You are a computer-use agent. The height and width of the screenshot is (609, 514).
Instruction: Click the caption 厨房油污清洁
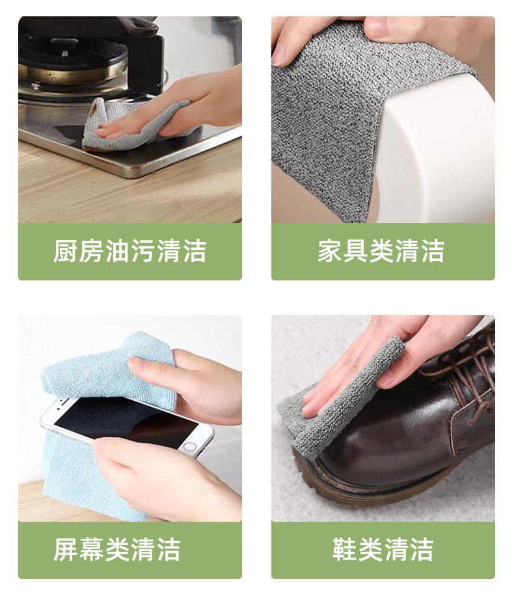(129, 251)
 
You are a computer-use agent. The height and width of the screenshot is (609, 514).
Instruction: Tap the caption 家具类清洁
(381, 251)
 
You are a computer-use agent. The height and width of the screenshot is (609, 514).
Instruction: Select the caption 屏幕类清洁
(117, 550)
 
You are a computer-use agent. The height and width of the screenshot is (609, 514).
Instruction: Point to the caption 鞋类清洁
(383, 550)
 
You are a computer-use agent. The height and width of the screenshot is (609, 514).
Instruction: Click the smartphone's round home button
(189, 446)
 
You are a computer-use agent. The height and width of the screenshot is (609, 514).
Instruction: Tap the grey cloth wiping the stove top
(128, 124)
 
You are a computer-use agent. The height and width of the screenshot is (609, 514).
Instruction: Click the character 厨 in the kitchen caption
(66, 251)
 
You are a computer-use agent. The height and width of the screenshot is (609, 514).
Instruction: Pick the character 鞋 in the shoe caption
(345, 550)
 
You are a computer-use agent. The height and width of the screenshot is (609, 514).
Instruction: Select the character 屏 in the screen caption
(66, 550)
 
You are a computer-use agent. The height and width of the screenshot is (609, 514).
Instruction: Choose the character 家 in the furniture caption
(331, 251)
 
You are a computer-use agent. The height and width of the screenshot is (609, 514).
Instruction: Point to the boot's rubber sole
(373, 490)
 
